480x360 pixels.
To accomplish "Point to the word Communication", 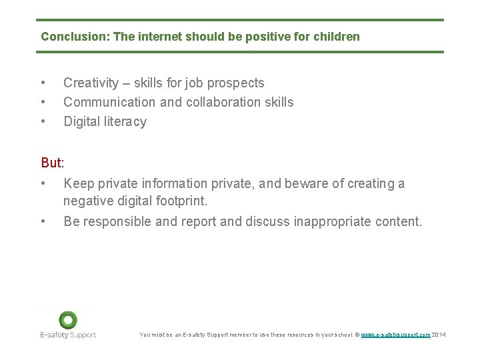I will [x=106, y=102].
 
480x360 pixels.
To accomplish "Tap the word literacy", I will [x=125, y=121].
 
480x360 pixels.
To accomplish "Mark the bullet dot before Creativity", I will [x=43, y=83].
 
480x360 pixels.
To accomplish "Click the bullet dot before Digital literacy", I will [x=43, y=121].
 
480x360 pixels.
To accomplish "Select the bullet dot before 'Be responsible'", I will [x=43, y=221].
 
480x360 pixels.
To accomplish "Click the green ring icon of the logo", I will [x=67, y=319].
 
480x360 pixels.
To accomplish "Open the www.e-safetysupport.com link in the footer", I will [x=395, y=335].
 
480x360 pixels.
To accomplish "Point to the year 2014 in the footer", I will [x=439, y=335].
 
